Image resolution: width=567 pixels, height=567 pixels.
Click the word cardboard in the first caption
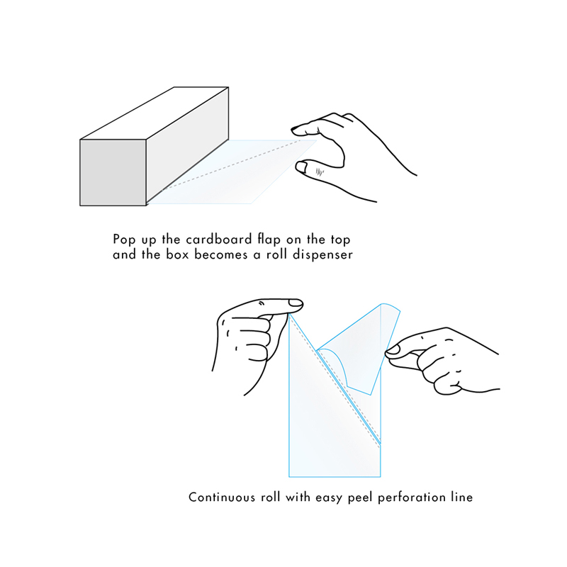click(219, 240)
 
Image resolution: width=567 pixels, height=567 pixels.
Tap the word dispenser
click(322, 255)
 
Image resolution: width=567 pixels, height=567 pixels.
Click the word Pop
click(125, 240)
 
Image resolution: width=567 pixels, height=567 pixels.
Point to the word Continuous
click(222, 498)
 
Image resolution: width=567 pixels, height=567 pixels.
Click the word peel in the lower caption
click(360, 498)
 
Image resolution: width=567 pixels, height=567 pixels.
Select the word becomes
click(221, 254)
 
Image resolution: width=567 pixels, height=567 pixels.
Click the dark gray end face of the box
click(113, 172)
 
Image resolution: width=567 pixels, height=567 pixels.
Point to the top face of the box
click(155, 113)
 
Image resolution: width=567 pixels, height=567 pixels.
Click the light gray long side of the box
click(187, 146)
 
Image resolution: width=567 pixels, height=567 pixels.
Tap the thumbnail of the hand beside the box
click(301, 167)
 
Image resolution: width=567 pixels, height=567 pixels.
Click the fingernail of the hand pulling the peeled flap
click(393, 349)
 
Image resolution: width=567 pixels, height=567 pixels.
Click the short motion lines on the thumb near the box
click(320, 172)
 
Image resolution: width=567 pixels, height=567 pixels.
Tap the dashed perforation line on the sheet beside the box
click(232, 165)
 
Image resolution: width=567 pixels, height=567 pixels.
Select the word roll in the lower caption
click(271, 498)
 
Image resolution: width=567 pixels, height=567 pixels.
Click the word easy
click(328, 498)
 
